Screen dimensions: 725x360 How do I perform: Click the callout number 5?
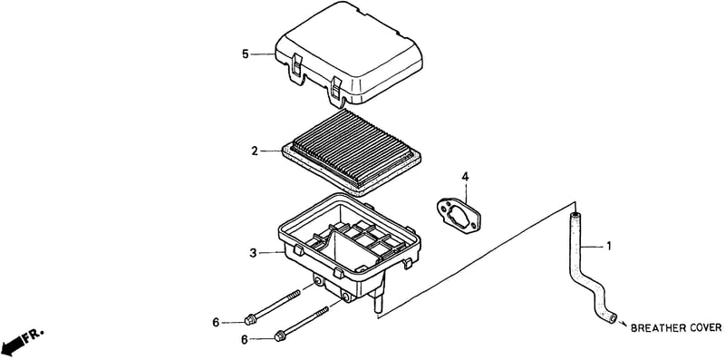point(246,54)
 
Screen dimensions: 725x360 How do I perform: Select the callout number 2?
point(255,151)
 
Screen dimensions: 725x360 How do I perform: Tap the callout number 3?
point(253,253)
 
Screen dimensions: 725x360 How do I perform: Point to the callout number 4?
point(465,177)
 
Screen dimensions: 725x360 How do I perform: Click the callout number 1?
point(609,247)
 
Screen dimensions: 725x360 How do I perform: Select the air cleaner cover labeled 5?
point(349,54)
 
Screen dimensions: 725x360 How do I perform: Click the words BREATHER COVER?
point(676,327)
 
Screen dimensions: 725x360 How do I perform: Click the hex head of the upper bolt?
point(251,319)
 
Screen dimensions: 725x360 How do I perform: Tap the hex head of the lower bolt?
point(280,336)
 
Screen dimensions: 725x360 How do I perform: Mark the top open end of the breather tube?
point(575,215)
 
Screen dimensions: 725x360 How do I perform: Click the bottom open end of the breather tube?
point(613,318)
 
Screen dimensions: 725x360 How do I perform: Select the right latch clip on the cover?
point(335,91)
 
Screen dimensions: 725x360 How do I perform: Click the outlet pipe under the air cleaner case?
point(378,301)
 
